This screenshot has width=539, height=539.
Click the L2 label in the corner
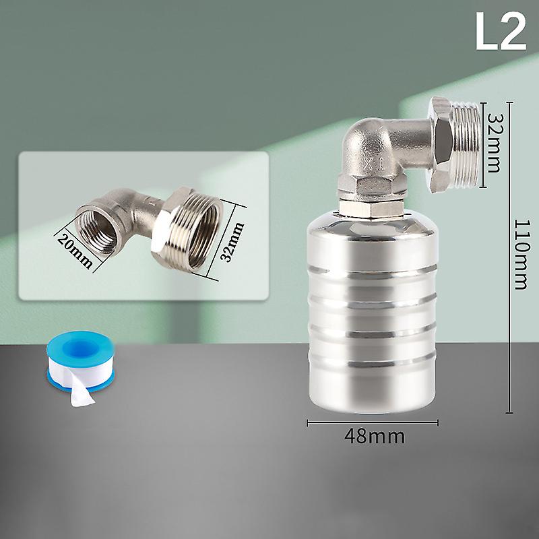[501, 32]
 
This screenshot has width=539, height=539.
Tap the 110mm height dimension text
[521, 255]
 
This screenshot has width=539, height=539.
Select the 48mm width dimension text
[375, 436]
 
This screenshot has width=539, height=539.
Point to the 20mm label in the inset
[75, 250]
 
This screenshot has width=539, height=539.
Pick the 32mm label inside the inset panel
[232, 242]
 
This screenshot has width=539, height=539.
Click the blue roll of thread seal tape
[80, 361]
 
